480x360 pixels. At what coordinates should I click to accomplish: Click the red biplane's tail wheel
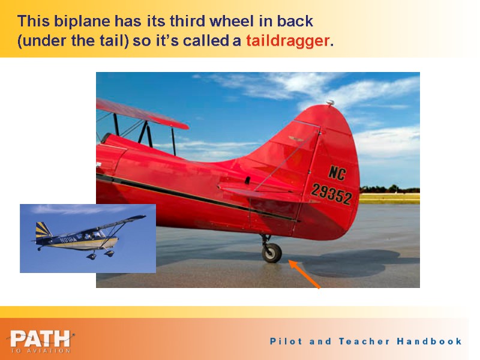tap(272, 253)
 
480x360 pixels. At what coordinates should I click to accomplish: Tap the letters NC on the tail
tap(336, 173)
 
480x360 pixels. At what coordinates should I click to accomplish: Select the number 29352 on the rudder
tap(331, 194)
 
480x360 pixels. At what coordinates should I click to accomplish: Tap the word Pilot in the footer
tap(286, 341)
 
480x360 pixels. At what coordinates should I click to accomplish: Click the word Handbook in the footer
tap(429, 341)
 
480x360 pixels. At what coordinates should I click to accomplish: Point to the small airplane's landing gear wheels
tap(99, 255)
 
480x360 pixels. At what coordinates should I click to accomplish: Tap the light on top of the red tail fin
tap(329, 104)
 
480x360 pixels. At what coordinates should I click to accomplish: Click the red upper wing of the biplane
tap(141, 114)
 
